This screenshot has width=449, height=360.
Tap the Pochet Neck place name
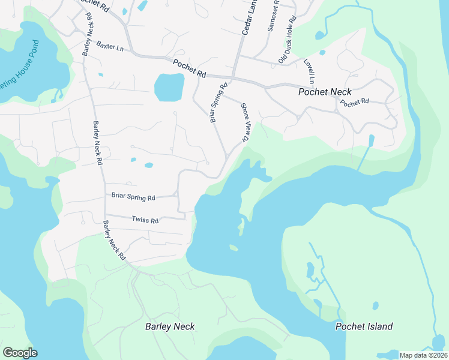pyautogui.click(x=325, y=92)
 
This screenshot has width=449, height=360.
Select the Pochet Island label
pyautogui.click(x=364, y=327)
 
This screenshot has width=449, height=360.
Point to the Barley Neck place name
pyautogui.click(x=170, y=327)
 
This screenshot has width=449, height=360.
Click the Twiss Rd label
pyautogui.click(x=145, y=221)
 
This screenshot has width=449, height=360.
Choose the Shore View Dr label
pyautogui.click(x=245, y=122)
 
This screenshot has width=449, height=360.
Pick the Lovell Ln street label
pyautogui.click(x=310, y=71)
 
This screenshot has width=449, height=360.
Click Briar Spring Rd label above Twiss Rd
pyautogui.click(x=133, y=197)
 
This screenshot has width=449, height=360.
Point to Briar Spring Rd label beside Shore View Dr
pyautogui.click(x=218, y=103)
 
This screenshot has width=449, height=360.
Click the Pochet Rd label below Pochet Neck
pyautogui.click(x=354, y=103)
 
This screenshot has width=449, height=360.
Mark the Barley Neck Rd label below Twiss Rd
pyautogui.click(x=114, y=239)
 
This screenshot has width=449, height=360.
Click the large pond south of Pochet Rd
pyautogui.click(x=169, y=87)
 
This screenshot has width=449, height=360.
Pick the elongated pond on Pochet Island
pyautogui.click(x=310, y=271)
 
